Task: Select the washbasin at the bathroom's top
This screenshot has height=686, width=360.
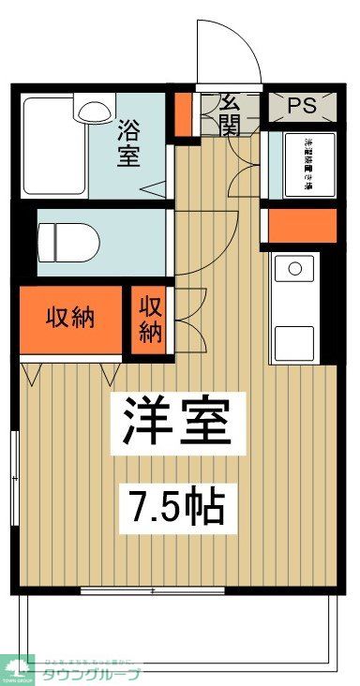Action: tap(93, 111)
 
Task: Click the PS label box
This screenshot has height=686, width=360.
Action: tap(301, 106)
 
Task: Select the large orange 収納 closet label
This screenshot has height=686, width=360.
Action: tap(71, 317)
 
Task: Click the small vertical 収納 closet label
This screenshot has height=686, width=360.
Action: tap(150, 320)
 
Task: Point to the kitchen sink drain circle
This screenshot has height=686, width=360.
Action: tap(295, 270)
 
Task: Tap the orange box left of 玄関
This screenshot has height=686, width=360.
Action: tap(183, 111)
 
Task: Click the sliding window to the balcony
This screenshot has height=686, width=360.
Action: tap(152, 589)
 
